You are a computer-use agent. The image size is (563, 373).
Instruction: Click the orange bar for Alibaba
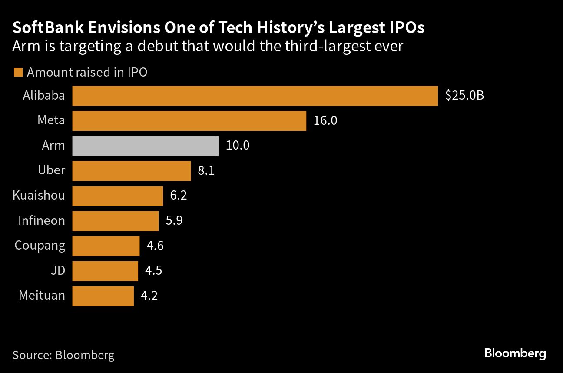(255, 96)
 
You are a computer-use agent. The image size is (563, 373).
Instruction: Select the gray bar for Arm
(145, 146)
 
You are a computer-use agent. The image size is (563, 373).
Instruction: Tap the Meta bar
(189, 121)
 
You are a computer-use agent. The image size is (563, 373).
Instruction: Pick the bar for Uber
(131, 171)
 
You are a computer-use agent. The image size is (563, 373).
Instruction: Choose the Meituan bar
(103, 296)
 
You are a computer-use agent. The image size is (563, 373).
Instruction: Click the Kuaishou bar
(117, 196)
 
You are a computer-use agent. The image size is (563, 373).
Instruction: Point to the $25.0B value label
(464, 96)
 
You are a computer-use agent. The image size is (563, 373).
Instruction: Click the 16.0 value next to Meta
(325, 121)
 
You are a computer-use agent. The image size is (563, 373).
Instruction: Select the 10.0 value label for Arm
(237, 146)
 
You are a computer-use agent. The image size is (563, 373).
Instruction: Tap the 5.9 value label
(174, 221)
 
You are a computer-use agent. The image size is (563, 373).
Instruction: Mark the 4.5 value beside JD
(153, 271)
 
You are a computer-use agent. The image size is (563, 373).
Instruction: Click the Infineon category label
(41, 221)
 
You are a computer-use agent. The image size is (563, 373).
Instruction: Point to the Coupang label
(40, 246)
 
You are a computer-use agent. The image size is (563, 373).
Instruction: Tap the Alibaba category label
(44, 96)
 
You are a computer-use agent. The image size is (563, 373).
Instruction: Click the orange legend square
(18, 73)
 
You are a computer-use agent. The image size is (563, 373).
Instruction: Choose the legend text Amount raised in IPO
(87, 73)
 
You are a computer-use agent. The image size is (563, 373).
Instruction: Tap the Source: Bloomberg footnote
(63, 355)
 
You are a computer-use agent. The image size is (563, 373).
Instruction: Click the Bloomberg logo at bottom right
(515, 353)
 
